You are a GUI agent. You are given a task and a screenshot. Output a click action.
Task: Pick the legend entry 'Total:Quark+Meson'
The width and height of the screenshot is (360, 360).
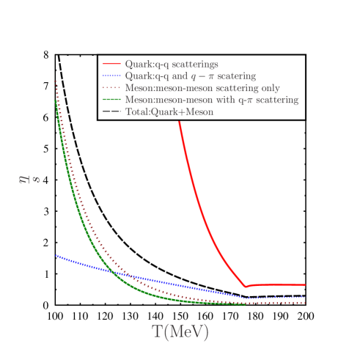pos(169,111)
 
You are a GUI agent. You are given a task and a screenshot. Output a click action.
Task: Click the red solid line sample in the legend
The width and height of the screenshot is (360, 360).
pos(111,65)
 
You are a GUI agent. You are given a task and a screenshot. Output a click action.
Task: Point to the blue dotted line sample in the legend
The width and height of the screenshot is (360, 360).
pos(111,76)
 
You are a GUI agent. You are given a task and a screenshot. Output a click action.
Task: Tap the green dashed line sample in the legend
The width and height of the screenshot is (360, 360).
pos(111,100)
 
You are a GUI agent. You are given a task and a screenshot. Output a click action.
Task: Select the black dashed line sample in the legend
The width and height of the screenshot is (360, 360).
pos(111,111)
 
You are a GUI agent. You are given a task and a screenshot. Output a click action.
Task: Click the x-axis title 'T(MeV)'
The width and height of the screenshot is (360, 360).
pos(180,332)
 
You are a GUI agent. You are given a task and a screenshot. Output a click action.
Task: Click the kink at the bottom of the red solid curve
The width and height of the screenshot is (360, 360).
pos(246,287)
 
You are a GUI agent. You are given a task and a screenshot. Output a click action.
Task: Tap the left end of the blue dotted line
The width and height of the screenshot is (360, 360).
pos(56,255)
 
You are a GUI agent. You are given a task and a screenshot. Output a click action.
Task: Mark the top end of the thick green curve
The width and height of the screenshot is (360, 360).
pos(56,101)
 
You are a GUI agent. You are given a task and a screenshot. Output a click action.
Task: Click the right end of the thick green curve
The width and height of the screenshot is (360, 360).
pos(245,304)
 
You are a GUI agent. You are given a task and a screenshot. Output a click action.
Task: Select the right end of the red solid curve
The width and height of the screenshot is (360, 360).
pos(305,284)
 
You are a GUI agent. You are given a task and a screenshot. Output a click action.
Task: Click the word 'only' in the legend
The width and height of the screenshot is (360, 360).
pos(269,88)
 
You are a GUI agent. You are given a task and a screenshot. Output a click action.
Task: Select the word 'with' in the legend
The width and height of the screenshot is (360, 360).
pos(213,100)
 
